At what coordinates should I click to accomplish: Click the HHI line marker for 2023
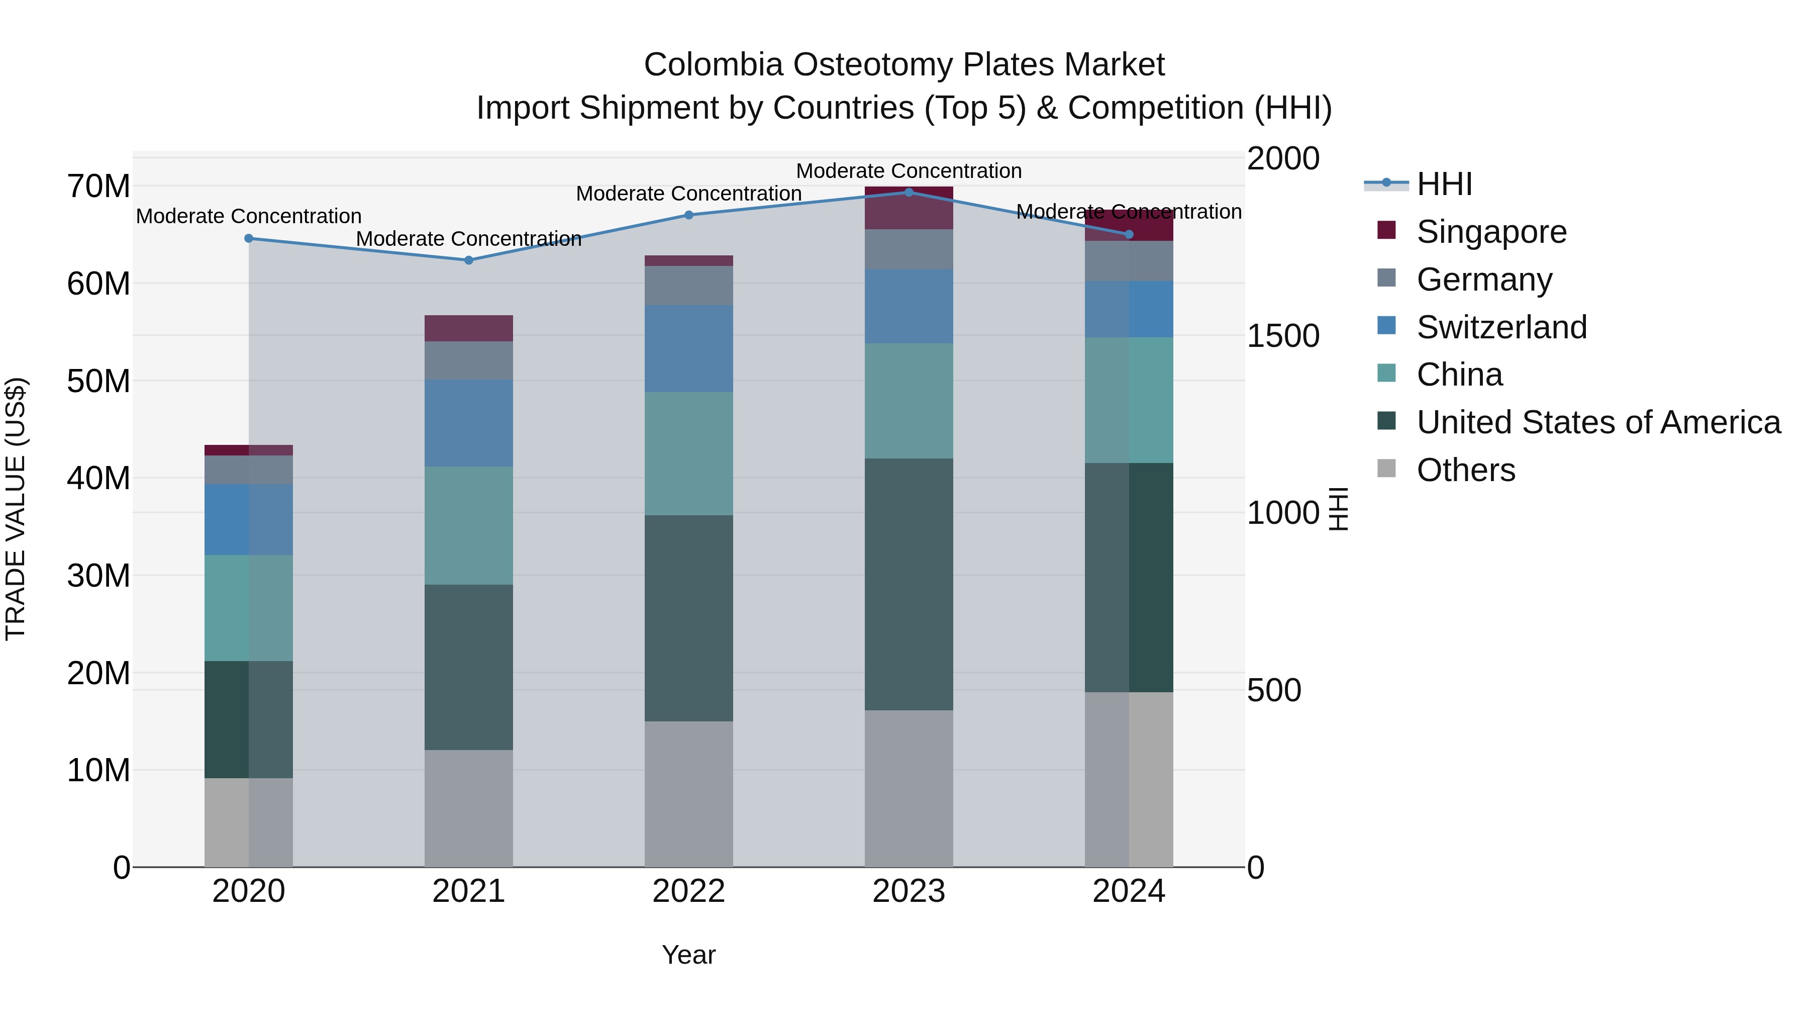coord(909,192)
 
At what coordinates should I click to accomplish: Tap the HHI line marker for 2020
coord(249,238)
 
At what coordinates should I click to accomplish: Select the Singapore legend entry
coord(1491,232)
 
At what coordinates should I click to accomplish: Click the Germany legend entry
coord(1484,280)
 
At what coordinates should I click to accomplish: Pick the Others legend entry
coord(1466,470)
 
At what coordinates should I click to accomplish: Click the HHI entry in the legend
coord(1444,184)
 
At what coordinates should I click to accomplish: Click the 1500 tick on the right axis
coord(1283,336)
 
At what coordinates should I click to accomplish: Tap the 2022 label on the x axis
coord(688,891)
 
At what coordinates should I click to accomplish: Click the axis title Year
coord(688,955)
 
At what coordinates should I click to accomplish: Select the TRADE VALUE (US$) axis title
coord(16,509)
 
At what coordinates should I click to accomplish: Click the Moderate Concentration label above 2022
coord(688,193)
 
